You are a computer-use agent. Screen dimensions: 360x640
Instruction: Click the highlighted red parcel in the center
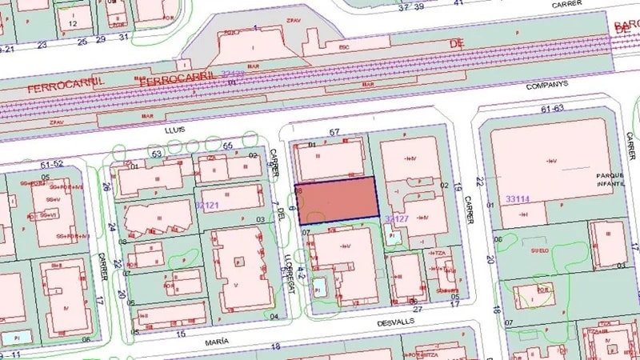click(x=336, y=198)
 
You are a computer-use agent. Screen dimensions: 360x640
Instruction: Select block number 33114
click(x=519, y=198)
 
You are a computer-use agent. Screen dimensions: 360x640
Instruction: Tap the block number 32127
click(x=398, y=218)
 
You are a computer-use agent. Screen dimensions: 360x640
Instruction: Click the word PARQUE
click(x=610, y=174)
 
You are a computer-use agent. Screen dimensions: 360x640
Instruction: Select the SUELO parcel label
click(x=525, y=250)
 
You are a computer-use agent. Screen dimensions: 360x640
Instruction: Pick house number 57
click(x=334, y=131)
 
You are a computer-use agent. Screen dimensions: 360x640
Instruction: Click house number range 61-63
click(x=553, y=108)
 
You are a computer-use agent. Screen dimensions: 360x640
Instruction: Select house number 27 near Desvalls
click(x=416, y=308)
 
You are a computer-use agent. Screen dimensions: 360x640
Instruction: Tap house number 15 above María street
click(x=182, y=333)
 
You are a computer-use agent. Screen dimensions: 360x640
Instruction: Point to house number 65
click(x=228, y=145)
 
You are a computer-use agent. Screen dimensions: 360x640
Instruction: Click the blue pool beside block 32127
click(x=391, y=237)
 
